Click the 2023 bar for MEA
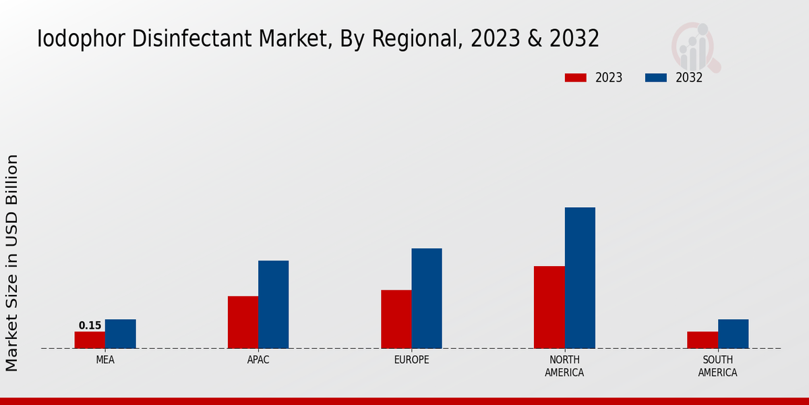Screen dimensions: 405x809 (90, 340)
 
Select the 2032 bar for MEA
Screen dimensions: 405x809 (120, 334)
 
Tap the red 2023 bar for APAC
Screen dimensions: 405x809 (243, 322)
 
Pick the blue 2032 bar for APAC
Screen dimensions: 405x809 (273, 304)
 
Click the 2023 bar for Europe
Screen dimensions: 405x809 (396, 319)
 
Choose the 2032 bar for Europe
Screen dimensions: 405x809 (427, 298)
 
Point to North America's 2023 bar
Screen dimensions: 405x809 (549, 307)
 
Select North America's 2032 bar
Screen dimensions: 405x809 (580, 277)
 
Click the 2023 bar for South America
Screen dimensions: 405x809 (702, 340)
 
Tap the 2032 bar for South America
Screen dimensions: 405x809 (733, 334)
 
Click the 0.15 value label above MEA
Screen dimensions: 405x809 (90, 325)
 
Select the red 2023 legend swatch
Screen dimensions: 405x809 (575, 78)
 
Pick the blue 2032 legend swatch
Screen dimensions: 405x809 (655, 78)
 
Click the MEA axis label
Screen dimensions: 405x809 (105, 360)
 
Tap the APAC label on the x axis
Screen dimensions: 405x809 (258, 360)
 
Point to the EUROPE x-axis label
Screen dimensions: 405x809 (411, 360)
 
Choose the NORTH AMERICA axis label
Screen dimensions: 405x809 (564, 367)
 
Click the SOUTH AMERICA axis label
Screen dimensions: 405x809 (717, 367)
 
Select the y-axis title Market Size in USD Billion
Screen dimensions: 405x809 (12, 263)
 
